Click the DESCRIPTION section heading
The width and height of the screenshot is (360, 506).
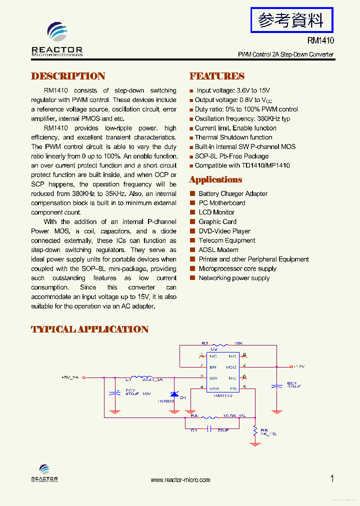pyautogui.click(x=68, y=76)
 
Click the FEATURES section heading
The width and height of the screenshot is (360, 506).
pyautogui.click(x=216, y=76)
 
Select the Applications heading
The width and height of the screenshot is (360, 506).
pyautogui.click(x=215, y=180)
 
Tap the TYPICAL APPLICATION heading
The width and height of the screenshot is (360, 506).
pyautogui.click(x=89, y=329)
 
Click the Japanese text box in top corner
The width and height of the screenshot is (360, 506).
pyautogui.click(x=290, y=20)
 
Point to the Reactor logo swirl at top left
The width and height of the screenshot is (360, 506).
pyautogui.click(x=56, y=32)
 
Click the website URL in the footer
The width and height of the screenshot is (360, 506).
pyautogui.click(x=180, y=480)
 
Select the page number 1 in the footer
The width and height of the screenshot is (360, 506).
pyautogui.click(x=332, y=478)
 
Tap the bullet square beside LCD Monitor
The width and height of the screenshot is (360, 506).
pyautogui.click(x=192, y=212)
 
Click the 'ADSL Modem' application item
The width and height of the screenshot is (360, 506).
pyautogui.click(x=218, y=250)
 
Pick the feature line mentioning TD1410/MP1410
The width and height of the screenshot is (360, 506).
pyautogui.click(x=242, y=165)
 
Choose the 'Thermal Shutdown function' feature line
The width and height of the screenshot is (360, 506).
pyautogui.click(x=233, y=137)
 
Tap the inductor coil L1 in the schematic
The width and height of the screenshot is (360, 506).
pyautogui.click(x=141, y=378)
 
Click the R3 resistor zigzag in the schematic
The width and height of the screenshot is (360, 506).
pyautogui.click(x=219, y=344)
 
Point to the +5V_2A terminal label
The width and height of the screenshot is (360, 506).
pyautogui.click(x=70, y=377)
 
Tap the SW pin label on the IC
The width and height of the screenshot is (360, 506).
pyautogui.click(x=213, y=377)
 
